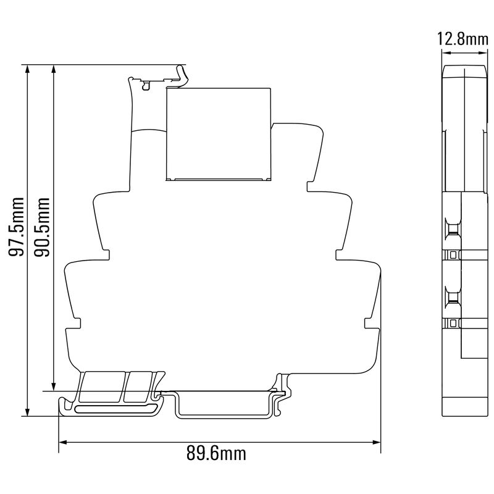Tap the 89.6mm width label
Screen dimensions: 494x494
tap(216, 454)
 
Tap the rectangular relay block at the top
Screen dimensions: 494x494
tap(219, 133)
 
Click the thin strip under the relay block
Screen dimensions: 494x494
tap(219, 180)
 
